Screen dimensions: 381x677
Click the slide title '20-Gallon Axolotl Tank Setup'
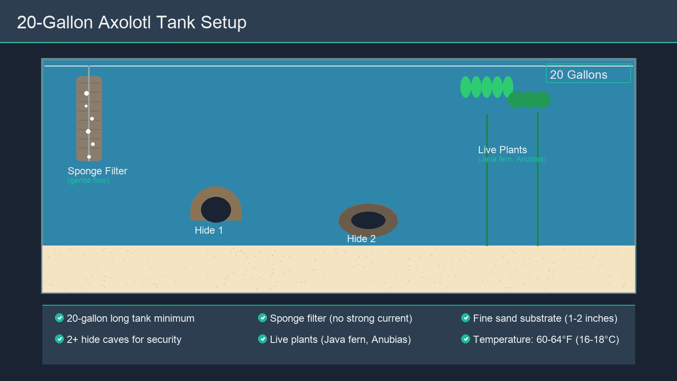click(x=132, y=22)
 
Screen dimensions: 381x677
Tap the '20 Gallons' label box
click(x=588, y=74)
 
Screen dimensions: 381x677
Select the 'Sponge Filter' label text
click(x=97, y=171)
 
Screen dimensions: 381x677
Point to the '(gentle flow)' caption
click(x=88, y=181)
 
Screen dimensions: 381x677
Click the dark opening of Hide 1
click(x=216, y=210)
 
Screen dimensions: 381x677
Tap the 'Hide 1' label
click(x=209, y=230)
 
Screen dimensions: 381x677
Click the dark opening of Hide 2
click(x=368, y=220)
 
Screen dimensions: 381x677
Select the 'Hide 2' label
click(x=361, y=239)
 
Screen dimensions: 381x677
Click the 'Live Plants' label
click(x=502, y=150)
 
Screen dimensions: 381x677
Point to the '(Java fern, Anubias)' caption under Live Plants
click(x=512, y=160)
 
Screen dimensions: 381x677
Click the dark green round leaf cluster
click(x=529, y=99)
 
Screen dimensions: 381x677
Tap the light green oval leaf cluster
click(x=487, y=87)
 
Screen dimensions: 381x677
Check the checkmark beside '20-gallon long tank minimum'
click(x=60, y=318)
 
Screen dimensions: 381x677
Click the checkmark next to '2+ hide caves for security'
click(x=60, y=339)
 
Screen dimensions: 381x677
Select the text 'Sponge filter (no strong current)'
click(x=341, y=318)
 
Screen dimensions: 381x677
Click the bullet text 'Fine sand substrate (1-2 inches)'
click(x=545, y=318)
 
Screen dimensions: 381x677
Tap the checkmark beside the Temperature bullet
click(x=466, y=339)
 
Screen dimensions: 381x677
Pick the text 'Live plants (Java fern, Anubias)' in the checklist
click(x=340, y=340)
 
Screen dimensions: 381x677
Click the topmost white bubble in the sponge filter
click(x=86, y=93)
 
